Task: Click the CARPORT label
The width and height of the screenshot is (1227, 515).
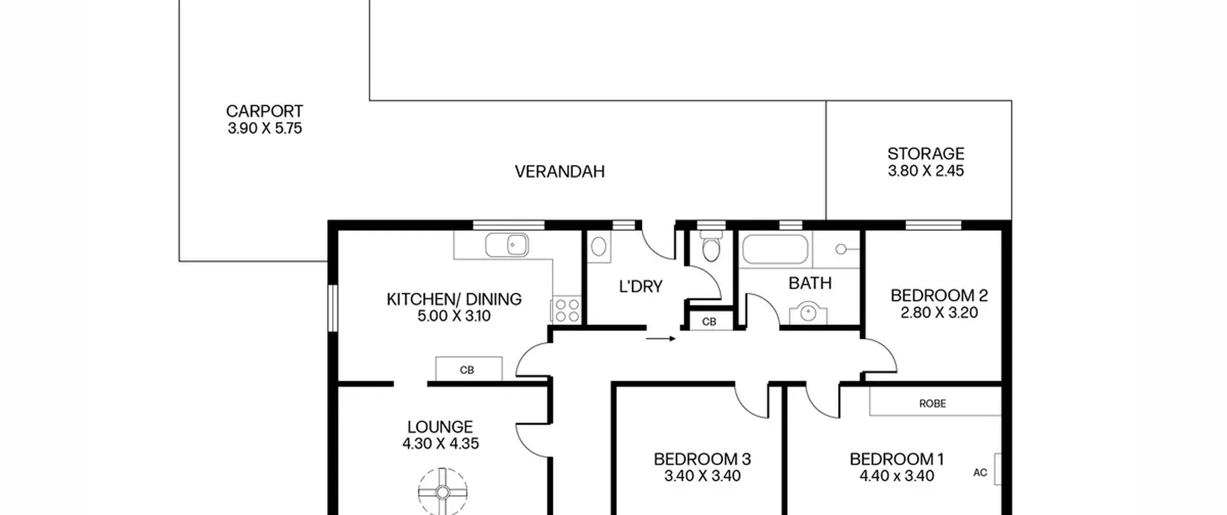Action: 265,111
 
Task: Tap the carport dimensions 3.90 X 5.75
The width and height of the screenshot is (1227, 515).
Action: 265,128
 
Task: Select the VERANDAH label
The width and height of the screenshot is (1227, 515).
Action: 560,172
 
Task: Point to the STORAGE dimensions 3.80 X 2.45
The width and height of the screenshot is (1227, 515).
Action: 926,171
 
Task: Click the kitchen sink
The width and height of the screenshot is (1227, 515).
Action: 507,245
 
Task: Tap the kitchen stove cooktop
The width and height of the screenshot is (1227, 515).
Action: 567,309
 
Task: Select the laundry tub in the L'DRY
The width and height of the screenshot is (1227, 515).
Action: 599,247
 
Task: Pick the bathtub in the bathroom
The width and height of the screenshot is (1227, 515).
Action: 775,249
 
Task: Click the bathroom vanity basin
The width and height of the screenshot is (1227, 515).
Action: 808,313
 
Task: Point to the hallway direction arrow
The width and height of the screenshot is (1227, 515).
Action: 660,339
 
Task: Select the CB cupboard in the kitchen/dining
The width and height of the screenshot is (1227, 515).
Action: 468,369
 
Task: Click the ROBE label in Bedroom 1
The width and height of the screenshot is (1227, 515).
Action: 933,404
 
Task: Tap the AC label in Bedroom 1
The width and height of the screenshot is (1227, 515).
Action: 980,473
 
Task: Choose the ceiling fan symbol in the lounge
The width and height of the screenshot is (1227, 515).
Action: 442,492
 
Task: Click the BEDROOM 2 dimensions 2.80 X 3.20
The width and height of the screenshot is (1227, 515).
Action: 939,313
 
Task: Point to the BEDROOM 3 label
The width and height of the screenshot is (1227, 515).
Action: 702,459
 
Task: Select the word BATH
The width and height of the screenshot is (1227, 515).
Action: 810,283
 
